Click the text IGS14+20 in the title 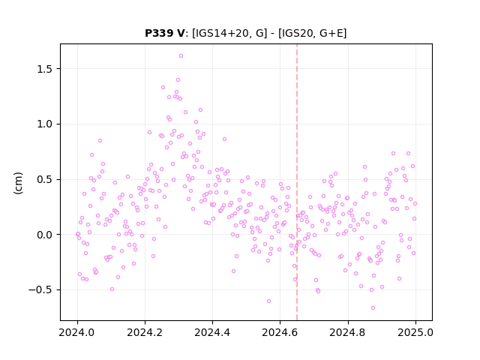[220, 33]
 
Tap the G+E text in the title [331, 33]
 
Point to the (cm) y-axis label [18, 182]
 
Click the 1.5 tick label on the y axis [45, 69]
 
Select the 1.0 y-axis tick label [45, 124]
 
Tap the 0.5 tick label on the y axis [45, 179]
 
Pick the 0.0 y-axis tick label [45, 235]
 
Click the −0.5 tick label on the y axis [40, 290]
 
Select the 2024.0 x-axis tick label [77, 332]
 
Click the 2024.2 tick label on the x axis [145, 332]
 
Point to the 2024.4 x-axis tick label [212, 332]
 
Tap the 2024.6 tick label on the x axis [280, 332]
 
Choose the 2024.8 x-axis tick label [348, 332]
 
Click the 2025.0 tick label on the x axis [415, 332]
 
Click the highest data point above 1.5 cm [181, 56]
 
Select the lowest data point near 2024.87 [373, 308]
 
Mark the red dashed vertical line [297, 182]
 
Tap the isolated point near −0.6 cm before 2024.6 [268, 301]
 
